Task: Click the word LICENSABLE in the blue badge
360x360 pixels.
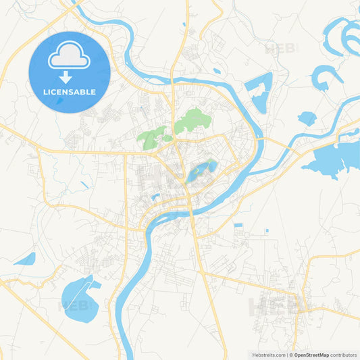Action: (70, 91)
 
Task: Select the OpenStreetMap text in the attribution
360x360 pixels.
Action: (311, 355)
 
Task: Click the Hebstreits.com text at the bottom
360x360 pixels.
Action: (269, 355)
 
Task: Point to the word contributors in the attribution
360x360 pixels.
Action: (344, 355)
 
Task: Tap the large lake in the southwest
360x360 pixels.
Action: (79, 298)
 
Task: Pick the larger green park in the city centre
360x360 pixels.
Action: (192, 121)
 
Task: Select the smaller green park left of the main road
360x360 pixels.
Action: (154, 137)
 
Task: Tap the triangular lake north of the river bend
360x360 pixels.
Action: (260, 91)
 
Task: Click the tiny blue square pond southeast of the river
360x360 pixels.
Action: (267, 231)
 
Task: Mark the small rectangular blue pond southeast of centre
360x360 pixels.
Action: (238, 225)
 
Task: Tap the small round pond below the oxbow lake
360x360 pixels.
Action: (307, 118)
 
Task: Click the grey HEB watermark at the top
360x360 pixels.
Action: (280, 49)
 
